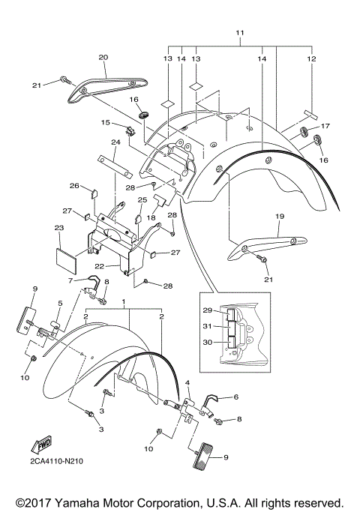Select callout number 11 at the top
coord(240,33)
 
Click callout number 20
coord(103,58)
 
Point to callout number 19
coord(280,216)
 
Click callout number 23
coord(59,228)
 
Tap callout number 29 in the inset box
coord(208,310)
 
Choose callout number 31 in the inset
coord(208,326)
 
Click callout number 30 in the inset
coord(208,342)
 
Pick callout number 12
coord(312,58)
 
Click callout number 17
coord(325,126)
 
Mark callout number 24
coord(116,142)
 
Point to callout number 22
coord(99,266)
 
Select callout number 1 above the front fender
coord(124,301)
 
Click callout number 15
coord(106,122)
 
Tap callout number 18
coord(151,217)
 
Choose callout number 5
coord(61,304)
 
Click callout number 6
coord(235,397)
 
